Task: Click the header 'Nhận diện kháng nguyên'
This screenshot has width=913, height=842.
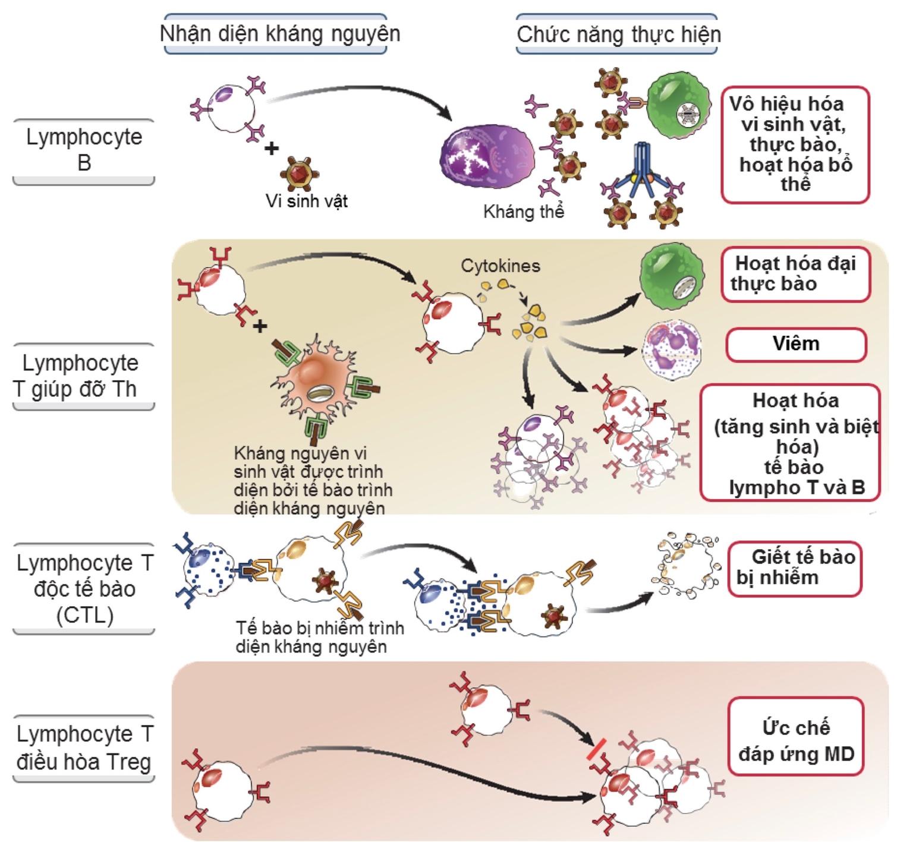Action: (279, 34)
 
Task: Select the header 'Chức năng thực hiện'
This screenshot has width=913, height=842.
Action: (618, 34)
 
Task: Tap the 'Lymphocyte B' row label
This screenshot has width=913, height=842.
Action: (84, 150)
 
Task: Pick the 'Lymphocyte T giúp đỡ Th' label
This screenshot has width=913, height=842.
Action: (81, 376)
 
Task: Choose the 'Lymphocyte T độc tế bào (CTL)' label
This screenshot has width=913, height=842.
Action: (84, 588)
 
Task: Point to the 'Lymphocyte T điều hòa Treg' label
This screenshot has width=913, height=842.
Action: (84, 748)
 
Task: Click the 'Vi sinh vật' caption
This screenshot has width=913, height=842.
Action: (306, 201)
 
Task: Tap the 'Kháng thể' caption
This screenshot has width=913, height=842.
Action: (523, 212)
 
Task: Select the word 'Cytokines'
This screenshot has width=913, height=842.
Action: (500, 266)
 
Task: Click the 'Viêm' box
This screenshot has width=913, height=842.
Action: (795, 344)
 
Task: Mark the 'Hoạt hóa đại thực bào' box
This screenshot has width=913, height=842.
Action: (795, 274)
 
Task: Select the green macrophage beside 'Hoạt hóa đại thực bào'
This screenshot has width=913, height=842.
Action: (672, 276)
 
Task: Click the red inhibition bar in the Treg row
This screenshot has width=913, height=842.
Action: (596, 749)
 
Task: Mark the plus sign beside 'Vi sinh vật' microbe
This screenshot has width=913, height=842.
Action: (272, 149)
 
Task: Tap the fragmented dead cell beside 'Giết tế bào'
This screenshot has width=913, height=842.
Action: (687, 565)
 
